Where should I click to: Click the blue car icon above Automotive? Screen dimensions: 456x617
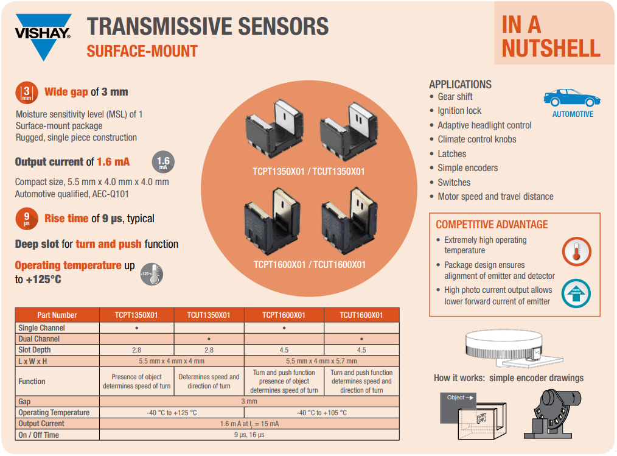(571, 98)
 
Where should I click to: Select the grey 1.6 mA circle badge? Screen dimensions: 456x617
(163, 163)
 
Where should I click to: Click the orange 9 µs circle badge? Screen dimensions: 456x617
(26, 219)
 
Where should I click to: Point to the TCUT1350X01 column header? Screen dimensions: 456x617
(209, 315)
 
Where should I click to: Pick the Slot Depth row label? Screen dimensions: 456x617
(35, 350)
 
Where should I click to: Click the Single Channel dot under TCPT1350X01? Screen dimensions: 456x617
(137, 328)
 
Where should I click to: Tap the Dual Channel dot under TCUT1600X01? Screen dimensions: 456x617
(361, 338)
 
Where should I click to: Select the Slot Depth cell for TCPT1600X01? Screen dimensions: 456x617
(284, 350)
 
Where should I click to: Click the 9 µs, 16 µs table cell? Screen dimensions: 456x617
(249, 435)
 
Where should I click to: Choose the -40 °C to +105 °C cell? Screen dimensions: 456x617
(321, 412)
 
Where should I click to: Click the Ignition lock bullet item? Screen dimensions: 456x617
(459, 111)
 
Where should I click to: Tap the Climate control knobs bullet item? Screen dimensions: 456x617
(476, 139)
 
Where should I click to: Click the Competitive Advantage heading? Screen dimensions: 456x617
(492, 224)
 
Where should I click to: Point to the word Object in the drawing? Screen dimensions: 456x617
(456, 398)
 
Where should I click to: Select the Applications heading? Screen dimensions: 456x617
(460, 85)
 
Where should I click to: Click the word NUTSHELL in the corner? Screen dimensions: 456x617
(551, 49)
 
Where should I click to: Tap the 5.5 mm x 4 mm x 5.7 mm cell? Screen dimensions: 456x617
(322, 361)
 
